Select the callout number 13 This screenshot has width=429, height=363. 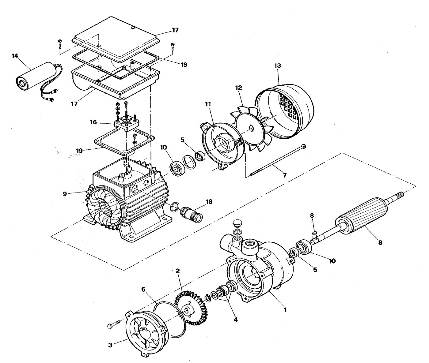pos(278,65)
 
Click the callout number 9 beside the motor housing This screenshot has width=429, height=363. pos(65,194)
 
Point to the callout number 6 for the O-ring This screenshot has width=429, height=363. pos(143,289)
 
